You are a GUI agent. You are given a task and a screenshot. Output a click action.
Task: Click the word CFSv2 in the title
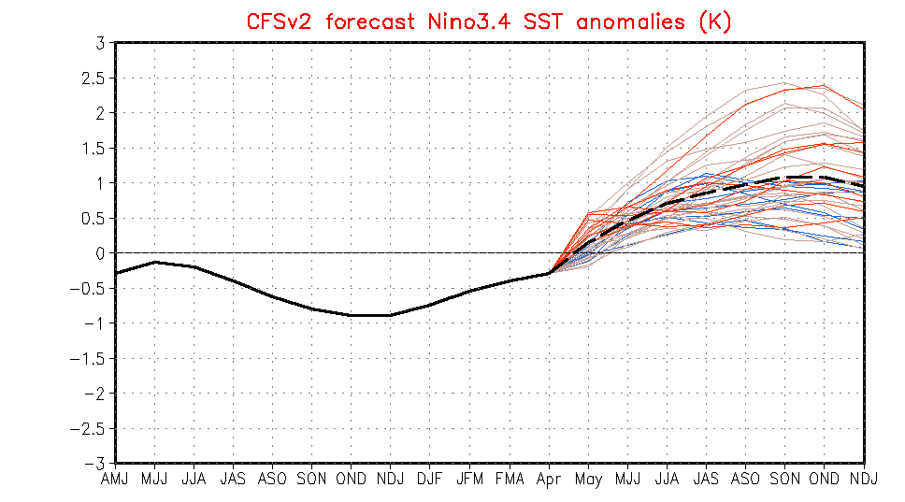point(279,21)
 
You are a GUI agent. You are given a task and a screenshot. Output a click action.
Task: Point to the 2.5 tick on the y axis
point(95,78)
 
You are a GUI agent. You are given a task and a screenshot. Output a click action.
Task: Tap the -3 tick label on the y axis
point(96,464)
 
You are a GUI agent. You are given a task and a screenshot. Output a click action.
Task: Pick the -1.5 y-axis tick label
point(92,359)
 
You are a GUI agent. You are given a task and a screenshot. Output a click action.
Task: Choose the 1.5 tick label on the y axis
point(95,149)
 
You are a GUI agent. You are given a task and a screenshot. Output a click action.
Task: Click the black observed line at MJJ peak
point(155,262)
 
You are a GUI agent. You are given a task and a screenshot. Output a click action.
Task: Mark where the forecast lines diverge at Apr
point(549,273)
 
